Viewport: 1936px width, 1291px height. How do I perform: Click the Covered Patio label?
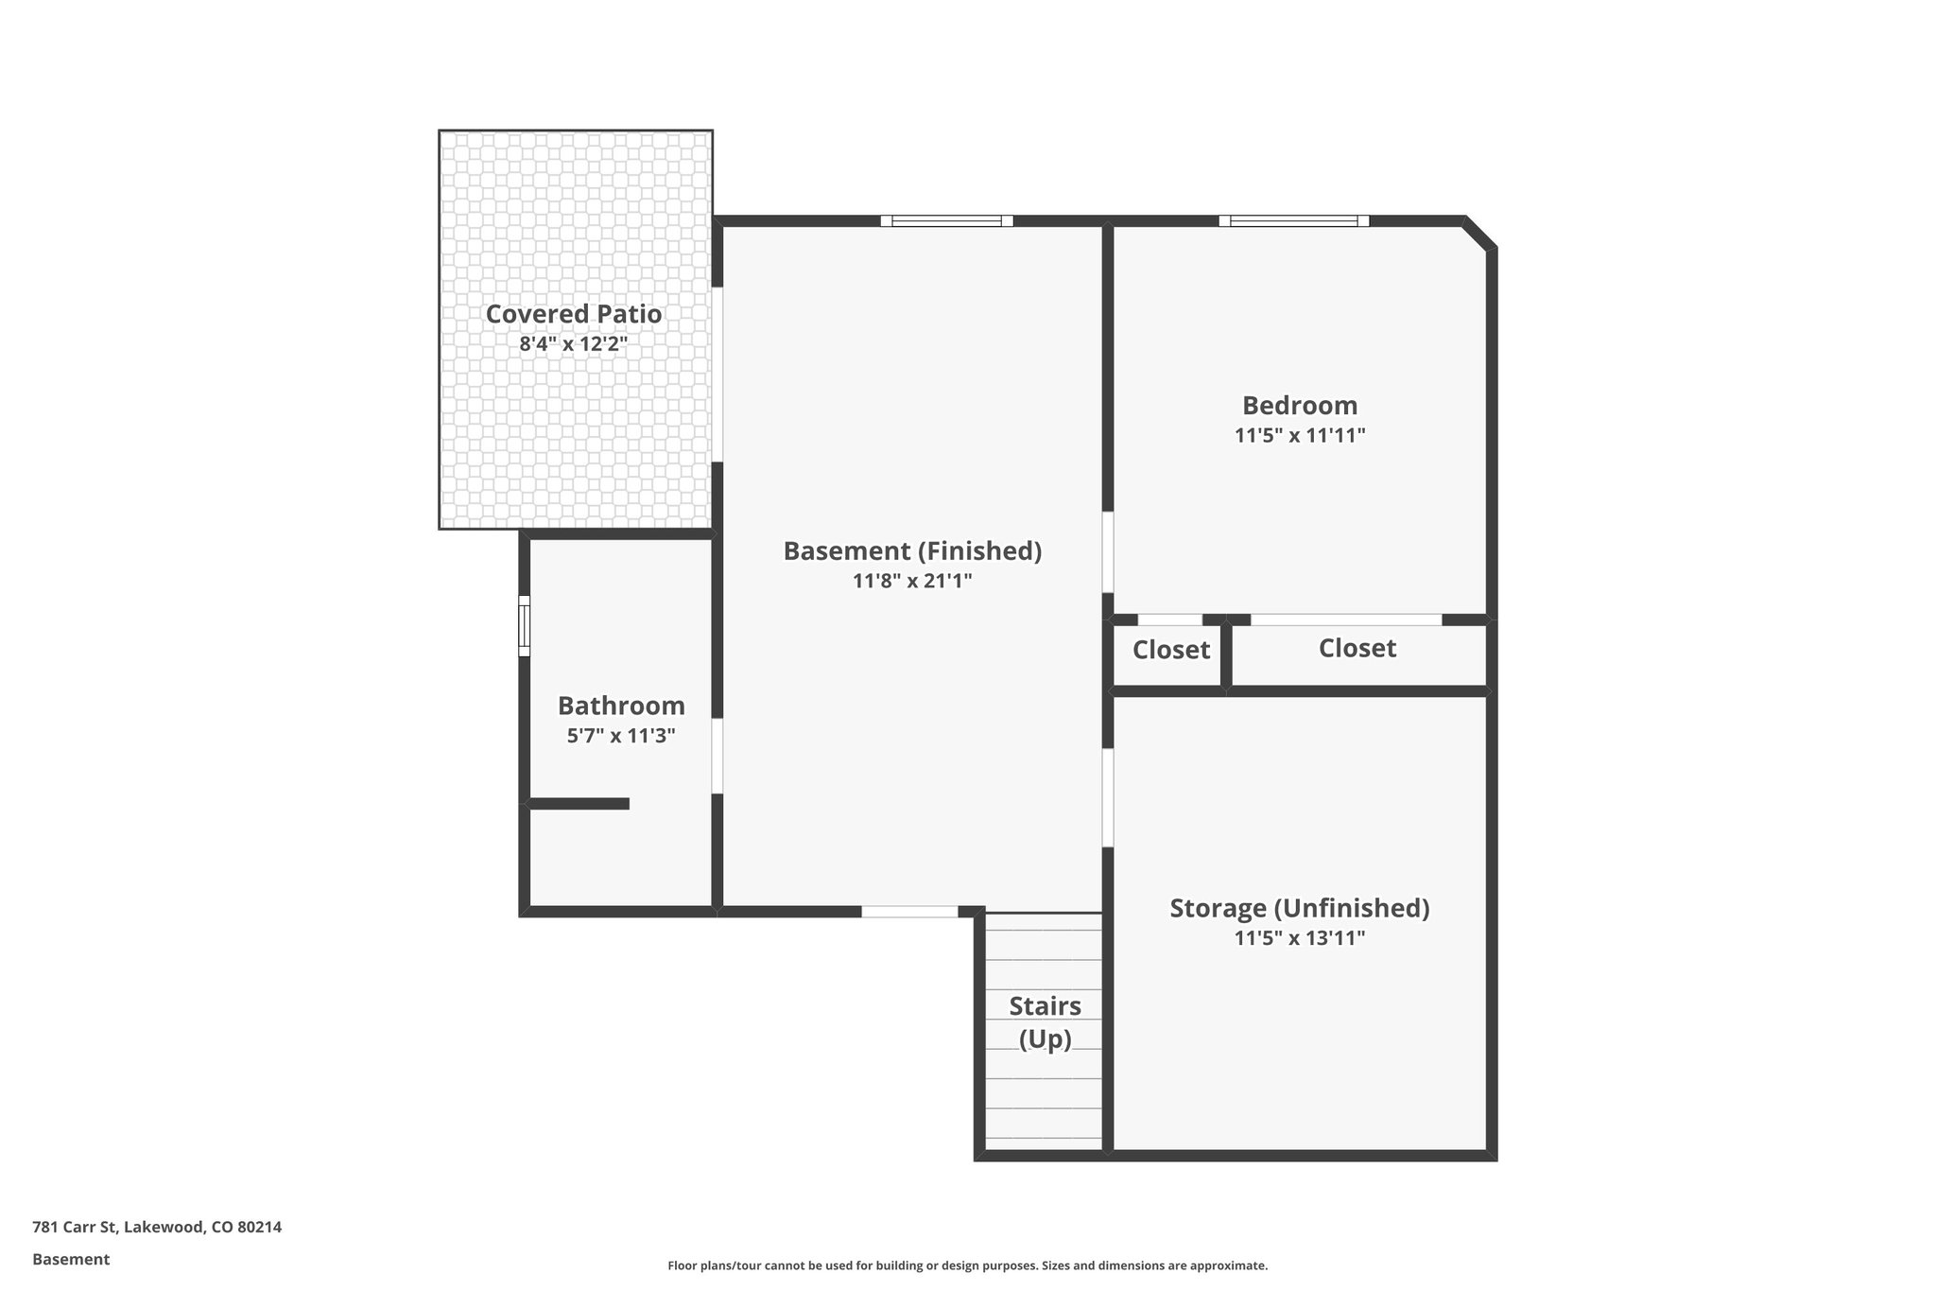(573, 314)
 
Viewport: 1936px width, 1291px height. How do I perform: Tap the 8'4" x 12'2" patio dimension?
(573, 343)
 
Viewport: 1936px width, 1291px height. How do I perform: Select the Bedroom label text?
(1299, 406)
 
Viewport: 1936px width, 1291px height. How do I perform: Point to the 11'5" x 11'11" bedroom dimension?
(1299, 436)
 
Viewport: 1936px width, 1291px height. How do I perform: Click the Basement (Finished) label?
(912, 550)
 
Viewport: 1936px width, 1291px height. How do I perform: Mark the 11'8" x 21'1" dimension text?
(912, 581)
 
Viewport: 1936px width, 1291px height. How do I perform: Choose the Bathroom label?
(621, 706)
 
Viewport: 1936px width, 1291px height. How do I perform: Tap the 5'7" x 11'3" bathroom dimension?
(621, 736)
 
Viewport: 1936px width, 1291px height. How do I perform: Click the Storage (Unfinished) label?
(1299, 908)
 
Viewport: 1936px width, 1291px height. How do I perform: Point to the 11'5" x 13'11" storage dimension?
(1299, 938)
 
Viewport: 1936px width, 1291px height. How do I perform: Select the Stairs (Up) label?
(1045, 1022)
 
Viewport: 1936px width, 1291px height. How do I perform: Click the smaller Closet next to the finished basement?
(1170, 651)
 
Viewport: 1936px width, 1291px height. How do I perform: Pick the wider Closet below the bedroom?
(1357, 649)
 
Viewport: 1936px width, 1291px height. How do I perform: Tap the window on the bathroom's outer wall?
(524, 625)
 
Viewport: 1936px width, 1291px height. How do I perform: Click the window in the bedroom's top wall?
(1293, 221)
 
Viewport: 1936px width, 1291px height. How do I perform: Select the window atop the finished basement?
(946, 221)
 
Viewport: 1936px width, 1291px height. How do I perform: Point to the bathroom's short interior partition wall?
(579, 804)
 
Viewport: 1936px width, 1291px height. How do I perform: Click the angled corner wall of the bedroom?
(1479, 234)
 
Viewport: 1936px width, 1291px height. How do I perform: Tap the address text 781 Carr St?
(157, 1227)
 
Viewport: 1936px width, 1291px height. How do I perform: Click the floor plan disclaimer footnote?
(967, 1265)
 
